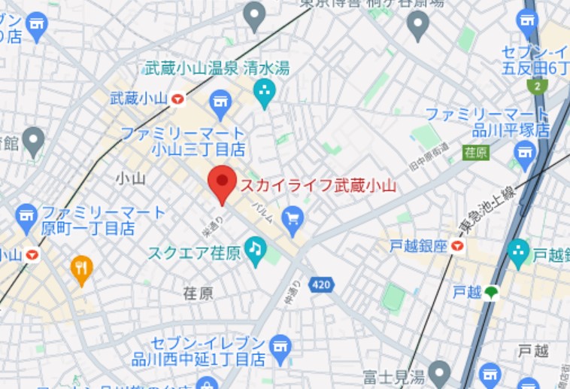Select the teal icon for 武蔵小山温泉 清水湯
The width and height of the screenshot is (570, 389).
(264, 93)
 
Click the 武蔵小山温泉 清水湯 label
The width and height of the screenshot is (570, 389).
(217, 68)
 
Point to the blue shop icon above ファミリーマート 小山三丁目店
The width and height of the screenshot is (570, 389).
(220, 105)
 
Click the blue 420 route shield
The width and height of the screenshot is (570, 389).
(320, 284)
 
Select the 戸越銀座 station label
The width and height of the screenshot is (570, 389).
(418, 246)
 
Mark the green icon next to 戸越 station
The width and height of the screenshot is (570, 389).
(492, 293)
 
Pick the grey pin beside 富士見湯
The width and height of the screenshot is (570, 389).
(438, 372)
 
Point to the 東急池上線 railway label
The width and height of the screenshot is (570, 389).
(472, 214)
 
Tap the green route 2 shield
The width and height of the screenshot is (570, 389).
(537, 87)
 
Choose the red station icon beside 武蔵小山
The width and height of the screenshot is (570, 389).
(177, 98)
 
